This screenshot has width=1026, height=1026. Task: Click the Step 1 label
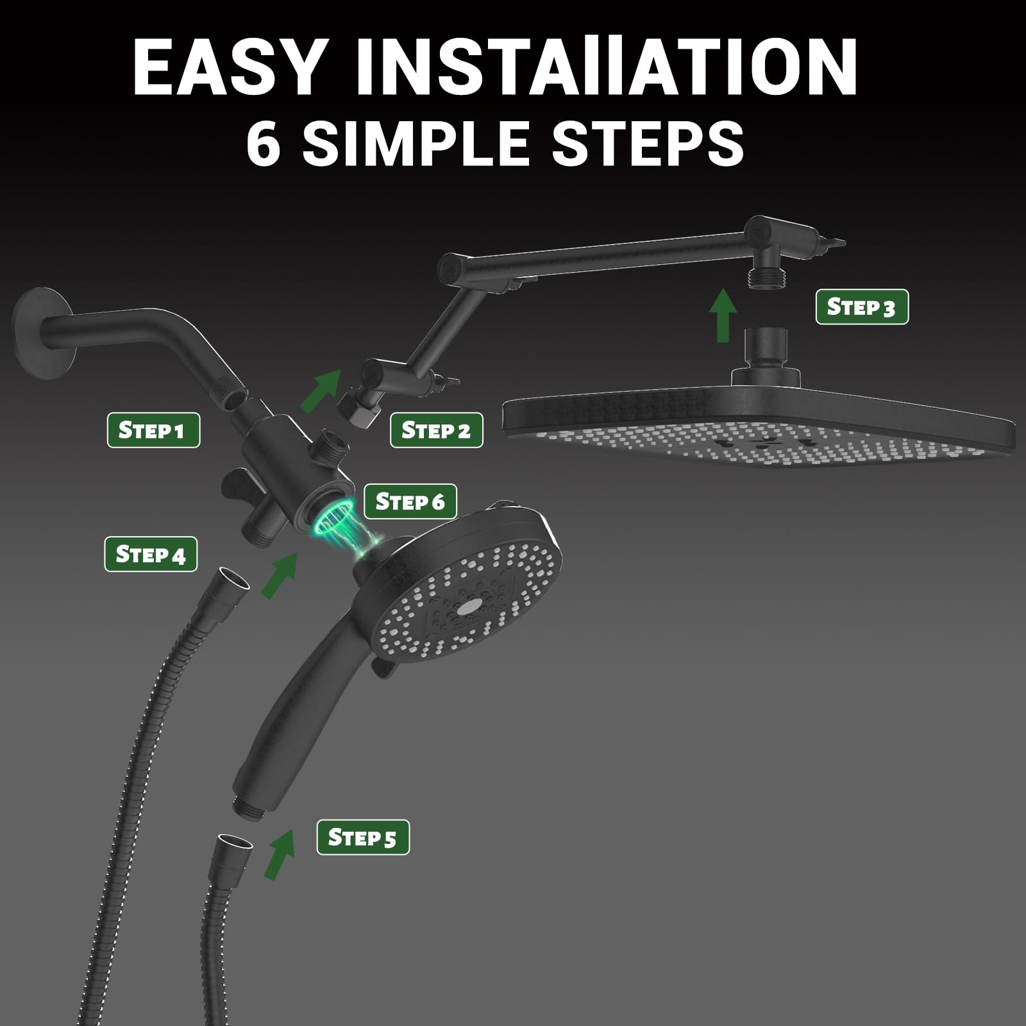click(153, 430)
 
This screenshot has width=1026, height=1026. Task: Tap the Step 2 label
click(436, 430)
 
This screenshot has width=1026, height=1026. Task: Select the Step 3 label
click(861, 307)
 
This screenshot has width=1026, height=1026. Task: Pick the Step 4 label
click(150, 553)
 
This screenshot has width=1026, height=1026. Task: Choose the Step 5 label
click(362, 837)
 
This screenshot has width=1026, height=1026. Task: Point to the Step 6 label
click(410, 501)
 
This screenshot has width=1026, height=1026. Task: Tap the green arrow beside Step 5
click(280, 854)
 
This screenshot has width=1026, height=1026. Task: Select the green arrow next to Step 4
click(278, 575)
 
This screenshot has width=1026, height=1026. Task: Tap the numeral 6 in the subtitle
click(264, 142)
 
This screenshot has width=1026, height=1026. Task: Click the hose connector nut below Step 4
click(233, 584)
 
